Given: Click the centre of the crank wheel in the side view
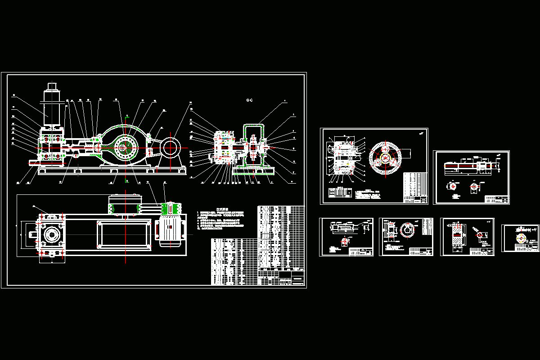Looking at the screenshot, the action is click(123, 147).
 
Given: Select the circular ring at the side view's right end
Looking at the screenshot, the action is click(171, 147).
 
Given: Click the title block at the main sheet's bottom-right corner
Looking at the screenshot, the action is click(292, 278).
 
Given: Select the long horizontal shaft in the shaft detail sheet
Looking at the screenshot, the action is click(468, 166).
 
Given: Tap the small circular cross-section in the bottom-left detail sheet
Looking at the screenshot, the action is click(345, 241).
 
